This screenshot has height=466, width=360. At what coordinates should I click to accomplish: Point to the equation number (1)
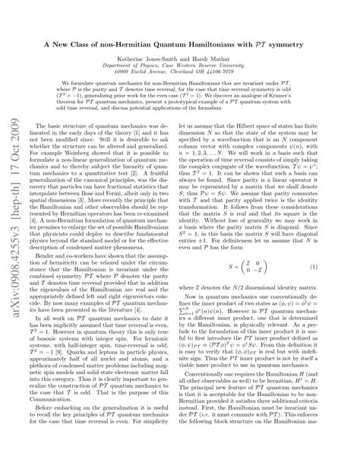[x=335, y=268]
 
